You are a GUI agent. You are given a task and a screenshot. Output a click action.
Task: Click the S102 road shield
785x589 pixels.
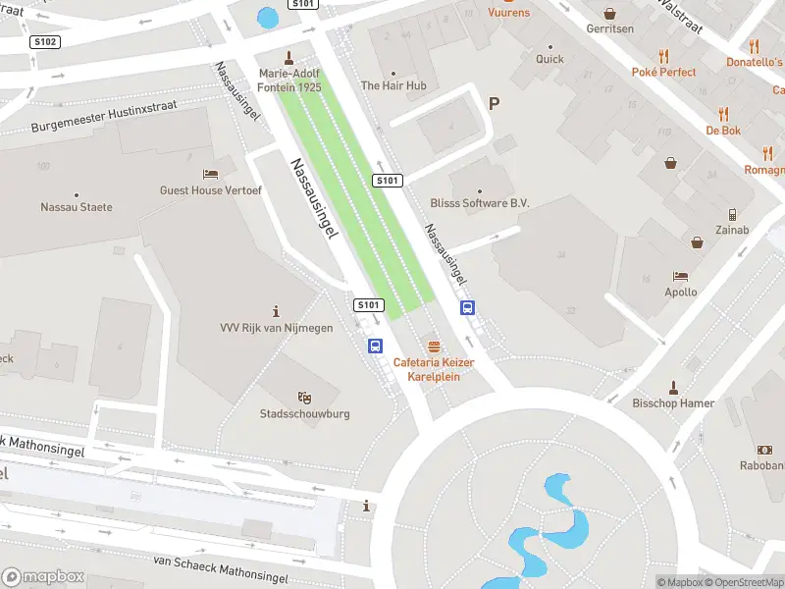45,42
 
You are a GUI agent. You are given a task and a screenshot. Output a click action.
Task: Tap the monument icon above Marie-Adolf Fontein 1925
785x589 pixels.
288,57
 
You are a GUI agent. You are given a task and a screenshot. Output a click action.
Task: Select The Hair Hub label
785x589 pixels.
393,85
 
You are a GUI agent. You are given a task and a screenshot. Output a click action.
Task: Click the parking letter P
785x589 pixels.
494,103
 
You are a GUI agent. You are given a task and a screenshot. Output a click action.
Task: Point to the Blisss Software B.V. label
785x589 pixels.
480,203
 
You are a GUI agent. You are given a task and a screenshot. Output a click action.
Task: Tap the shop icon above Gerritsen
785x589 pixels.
610,14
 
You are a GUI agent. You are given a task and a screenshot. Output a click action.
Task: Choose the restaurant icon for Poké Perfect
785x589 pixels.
664,56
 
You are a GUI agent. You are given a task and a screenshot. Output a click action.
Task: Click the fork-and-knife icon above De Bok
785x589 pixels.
723,114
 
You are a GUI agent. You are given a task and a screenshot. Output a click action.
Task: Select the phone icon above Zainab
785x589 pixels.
732,214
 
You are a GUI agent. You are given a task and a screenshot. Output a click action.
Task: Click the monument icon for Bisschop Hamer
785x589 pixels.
673,388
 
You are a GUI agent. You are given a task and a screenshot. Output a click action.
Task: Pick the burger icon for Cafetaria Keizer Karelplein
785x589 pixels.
434,347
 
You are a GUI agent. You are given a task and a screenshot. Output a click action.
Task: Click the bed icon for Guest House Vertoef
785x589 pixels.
210,174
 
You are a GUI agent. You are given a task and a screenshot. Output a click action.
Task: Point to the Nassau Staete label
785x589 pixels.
77,207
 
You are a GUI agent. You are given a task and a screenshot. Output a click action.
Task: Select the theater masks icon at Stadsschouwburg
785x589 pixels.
305,398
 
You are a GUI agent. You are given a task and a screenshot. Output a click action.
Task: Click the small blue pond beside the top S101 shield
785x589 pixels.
266,17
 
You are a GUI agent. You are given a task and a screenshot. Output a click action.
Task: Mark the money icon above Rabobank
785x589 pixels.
764,450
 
